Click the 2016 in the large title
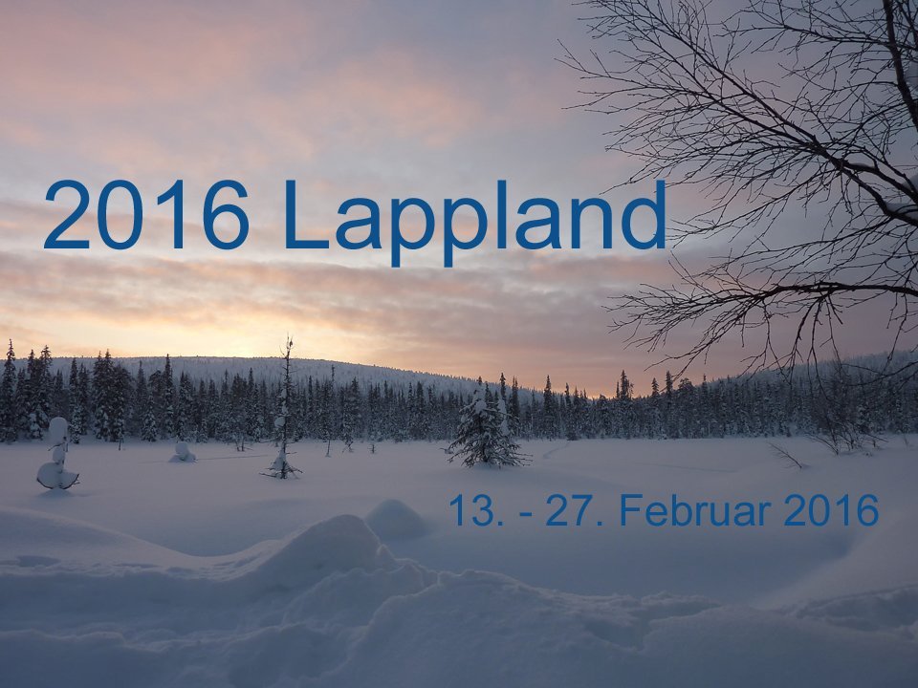(146, 215)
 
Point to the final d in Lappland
(644, 215)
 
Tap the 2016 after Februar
(831, 510)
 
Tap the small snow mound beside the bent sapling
(182, 452)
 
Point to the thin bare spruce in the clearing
(284, 410)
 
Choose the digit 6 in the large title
(227, 215)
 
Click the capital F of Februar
(631, 510)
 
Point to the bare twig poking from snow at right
(787, 457)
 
